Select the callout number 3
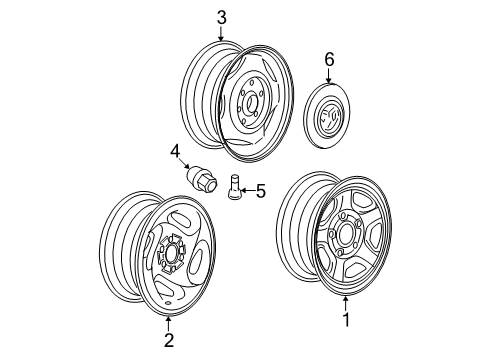(x=221, y=18)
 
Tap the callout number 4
(x=174, y=152)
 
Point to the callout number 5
(x=261, y=190)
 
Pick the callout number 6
(x=327, y=61)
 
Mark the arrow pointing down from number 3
(x=221, y=34)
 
